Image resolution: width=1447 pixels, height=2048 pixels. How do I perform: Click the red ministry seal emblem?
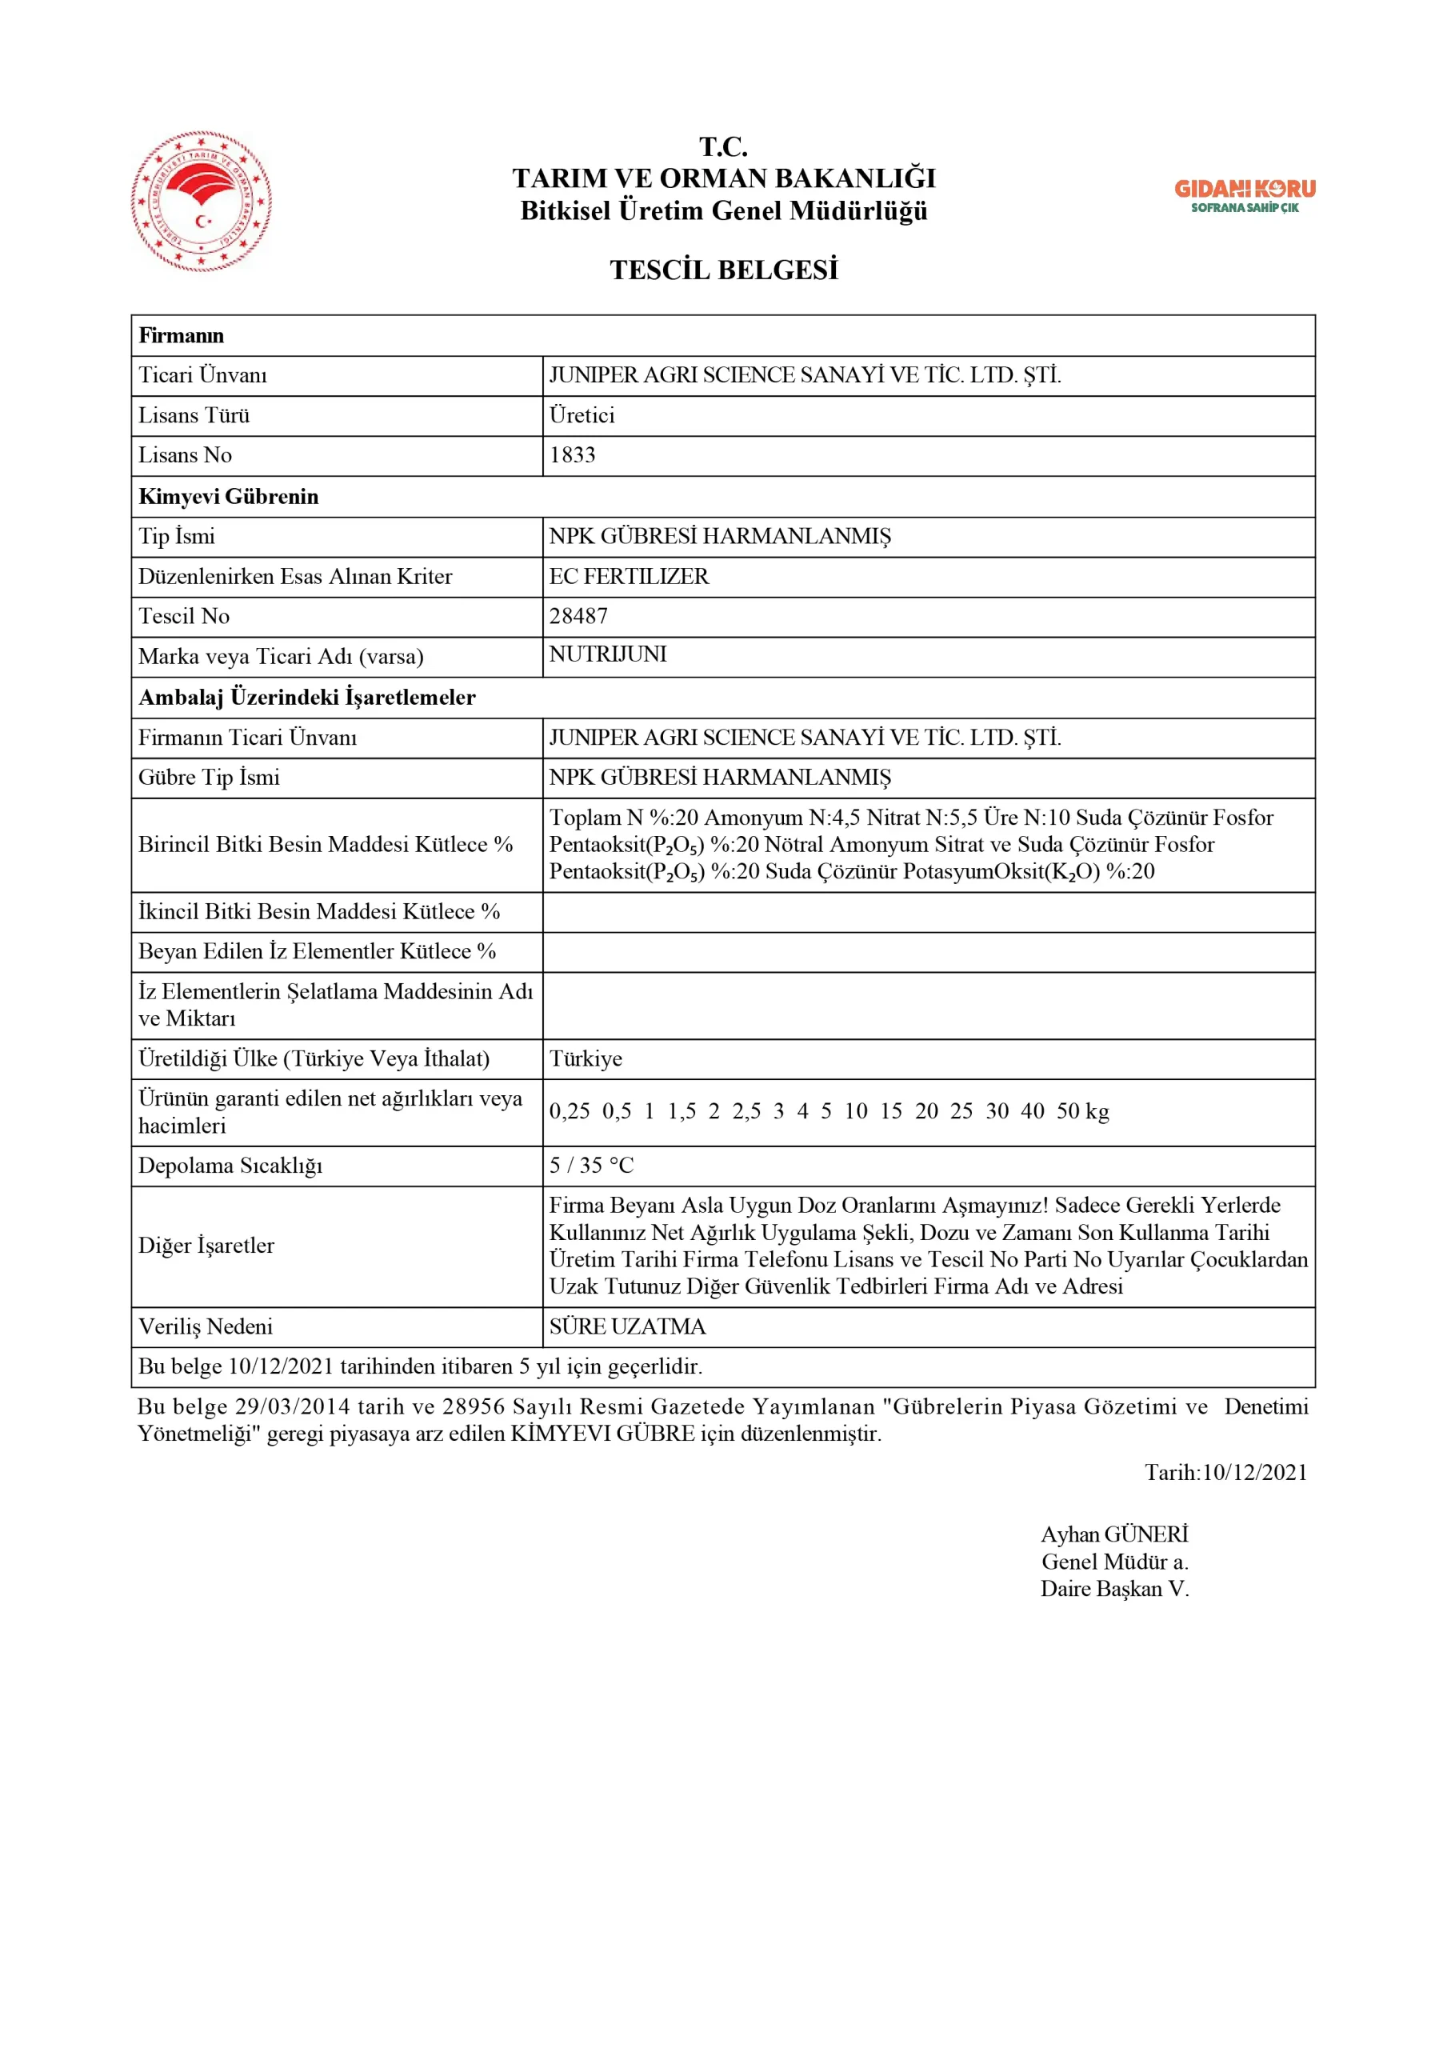202,202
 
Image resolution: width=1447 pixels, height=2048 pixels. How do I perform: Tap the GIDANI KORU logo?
1245,195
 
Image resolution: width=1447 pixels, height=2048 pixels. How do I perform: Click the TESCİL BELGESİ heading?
723,270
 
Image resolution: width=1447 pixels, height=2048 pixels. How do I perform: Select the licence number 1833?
572,455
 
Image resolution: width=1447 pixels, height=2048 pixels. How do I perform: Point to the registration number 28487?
578,616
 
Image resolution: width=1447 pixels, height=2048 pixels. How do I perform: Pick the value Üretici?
582,416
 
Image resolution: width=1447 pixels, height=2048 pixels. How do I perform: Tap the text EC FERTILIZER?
629,576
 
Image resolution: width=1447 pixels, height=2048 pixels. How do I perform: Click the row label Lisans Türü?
194,416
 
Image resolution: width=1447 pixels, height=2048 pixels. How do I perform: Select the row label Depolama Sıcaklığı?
230,1166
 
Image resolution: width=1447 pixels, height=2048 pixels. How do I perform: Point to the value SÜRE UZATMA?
627,1326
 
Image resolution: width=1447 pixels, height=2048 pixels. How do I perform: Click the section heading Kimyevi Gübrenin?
229,497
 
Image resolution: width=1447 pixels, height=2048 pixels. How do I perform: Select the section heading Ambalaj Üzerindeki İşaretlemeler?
307,698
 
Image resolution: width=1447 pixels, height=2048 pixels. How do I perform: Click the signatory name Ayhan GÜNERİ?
1114,1534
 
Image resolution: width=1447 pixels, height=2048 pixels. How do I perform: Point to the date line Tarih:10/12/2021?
1225,1472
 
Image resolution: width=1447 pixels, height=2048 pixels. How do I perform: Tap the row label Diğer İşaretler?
206,1246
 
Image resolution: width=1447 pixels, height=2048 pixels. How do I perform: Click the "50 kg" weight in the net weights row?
1082,1111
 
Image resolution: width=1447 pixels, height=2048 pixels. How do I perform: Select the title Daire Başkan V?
1114,1589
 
